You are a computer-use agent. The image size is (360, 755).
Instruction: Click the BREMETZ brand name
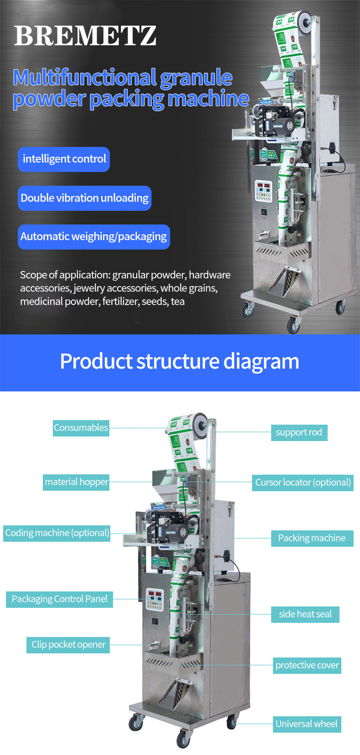click(85, 36)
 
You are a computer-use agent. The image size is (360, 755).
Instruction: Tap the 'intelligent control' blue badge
click(64, 159)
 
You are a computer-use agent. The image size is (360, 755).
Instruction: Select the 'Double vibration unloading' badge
click(85, 198)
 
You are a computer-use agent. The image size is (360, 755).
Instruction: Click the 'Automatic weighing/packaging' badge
click(94, 236)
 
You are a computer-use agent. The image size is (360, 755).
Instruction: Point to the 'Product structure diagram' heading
click(180, 361)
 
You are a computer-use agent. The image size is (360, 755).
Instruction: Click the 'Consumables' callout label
click(81, 428)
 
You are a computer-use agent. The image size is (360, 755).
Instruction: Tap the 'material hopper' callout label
click(77, 482)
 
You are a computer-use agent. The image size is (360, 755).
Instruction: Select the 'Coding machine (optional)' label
click(57, 533)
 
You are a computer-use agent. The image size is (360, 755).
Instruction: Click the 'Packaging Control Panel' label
click(59, 599)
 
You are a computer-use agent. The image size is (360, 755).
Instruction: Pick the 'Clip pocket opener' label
click(68, 644)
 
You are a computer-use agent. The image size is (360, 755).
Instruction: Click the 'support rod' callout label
click(299, 432)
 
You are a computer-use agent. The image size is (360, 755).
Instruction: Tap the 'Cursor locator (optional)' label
click(303, 483)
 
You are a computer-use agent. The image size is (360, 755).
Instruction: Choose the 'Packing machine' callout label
click(312, 538)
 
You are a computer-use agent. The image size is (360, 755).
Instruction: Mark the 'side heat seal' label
click(305, 614)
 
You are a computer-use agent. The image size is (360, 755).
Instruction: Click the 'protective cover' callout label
click(307, 665)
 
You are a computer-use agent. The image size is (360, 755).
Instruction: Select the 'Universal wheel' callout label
click(307, 724)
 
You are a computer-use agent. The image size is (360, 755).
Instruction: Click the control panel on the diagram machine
click(155, 600)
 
